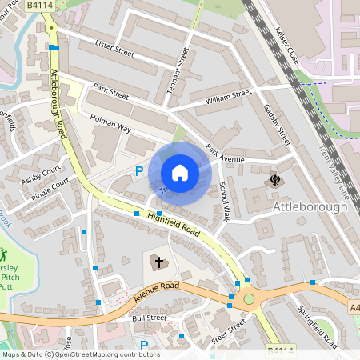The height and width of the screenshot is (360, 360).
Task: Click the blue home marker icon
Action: (180, 172)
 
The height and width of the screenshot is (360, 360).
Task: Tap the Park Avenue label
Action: (224, 154)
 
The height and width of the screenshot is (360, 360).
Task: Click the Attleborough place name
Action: (310, 206)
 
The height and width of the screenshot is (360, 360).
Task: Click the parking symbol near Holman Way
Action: (139, 170)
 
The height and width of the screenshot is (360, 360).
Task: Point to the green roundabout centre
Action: (249, 299)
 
